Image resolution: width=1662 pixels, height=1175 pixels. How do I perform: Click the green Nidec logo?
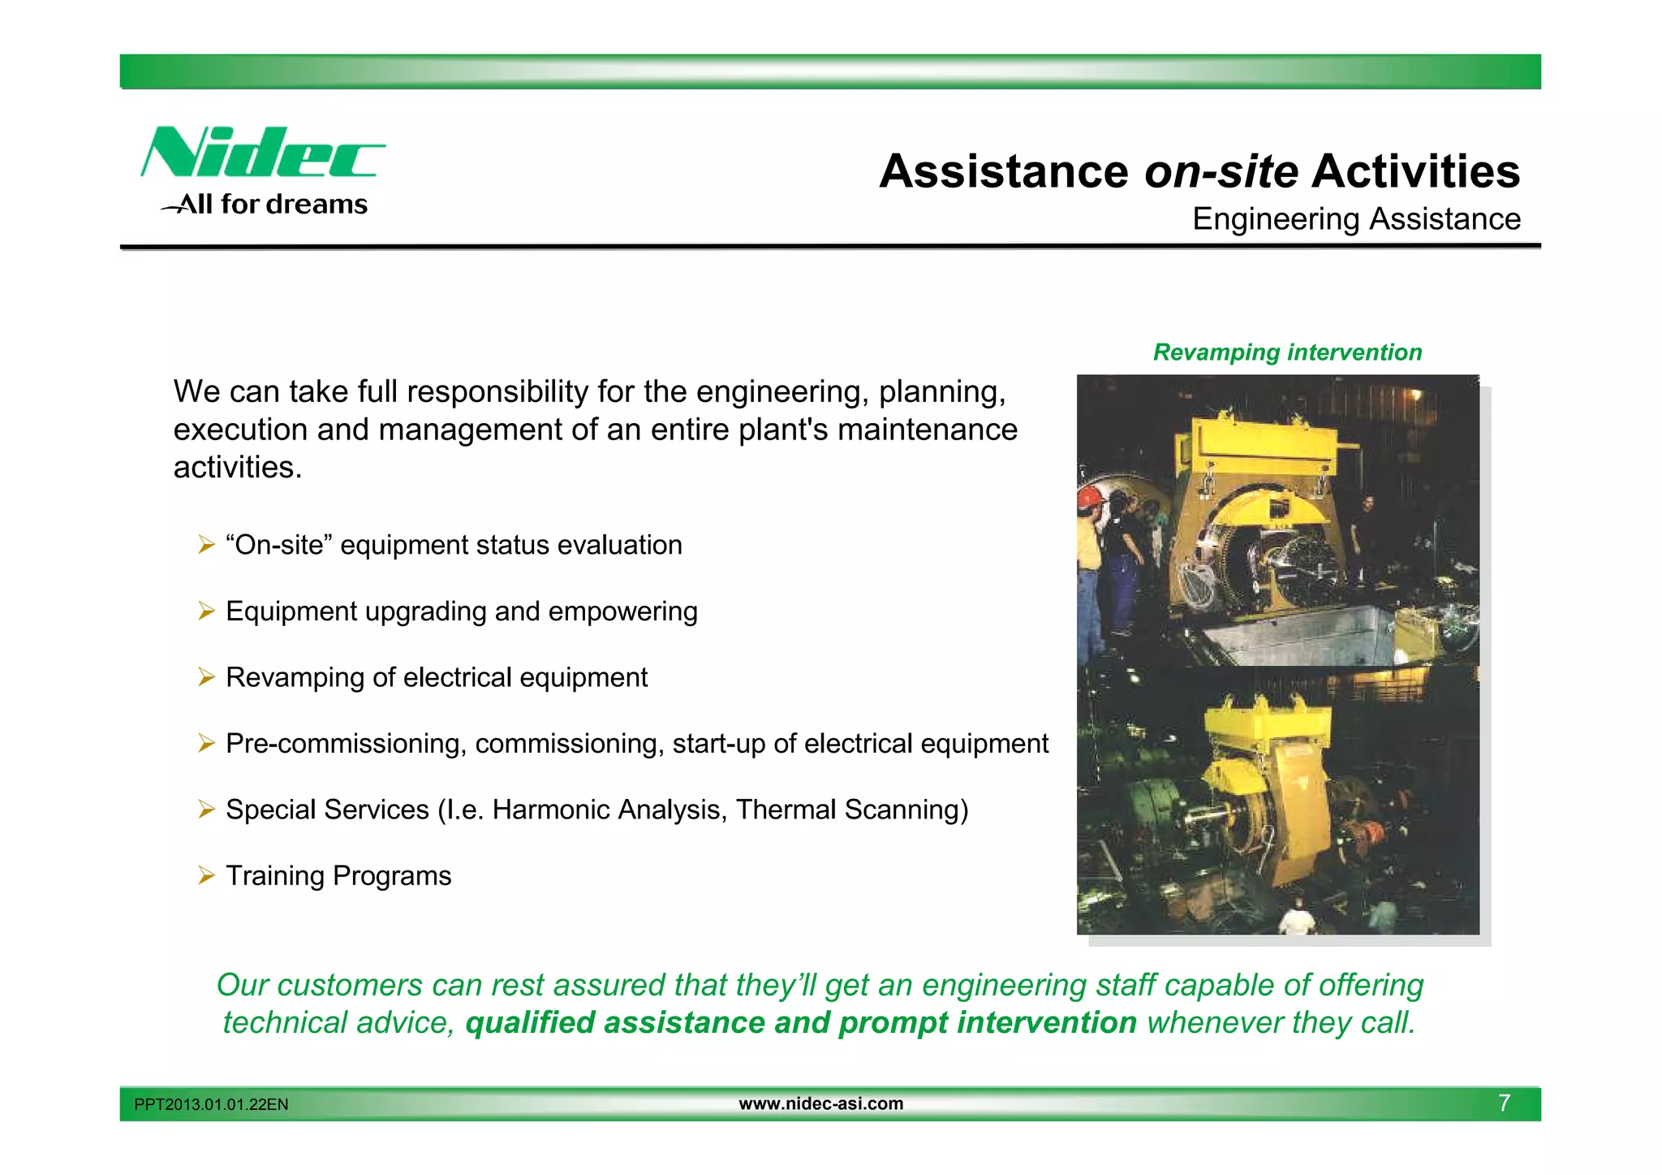261,153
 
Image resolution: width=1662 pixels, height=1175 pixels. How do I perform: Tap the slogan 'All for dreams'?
273,204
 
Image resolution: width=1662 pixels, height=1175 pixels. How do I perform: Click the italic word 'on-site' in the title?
1221,172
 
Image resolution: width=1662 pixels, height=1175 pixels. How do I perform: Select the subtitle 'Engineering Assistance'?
1356,219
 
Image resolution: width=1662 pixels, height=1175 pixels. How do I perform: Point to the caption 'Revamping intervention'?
1287,352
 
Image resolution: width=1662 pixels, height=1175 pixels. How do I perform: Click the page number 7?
1504,1103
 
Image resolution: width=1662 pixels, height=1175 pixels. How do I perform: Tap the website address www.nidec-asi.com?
820,1104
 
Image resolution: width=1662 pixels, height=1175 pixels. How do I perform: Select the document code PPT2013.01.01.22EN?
211,1104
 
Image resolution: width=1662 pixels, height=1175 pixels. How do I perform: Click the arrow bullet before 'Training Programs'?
206,875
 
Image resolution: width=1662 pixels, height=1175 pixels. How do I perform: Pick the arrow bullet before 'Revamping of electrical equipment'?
206,677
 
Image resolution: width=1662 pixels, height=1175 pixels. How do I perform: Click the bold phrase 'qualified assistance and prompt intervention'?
801,1023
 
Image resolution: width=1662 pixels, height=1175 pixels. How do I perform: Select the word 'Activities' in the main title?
1415,172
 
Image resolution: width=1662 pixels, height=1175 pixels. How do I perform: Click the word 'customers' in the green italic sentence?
350,986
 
